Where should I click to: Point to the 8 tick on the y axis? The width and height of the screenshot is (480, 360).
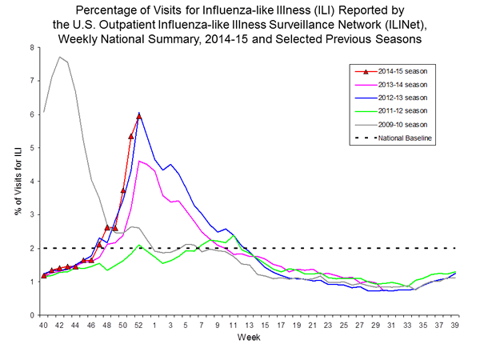click(31, 47)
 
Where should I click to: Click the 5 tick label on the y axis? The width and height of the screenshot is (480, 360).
click(31, 148)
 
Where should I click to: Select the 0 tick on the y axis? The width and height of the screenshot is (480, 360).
click(31, 315)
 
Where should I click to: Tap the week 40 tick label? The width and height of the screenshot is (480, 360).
click(44, 326)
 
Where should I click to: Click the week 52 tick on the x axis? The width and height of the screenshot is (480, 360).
click(138, 326)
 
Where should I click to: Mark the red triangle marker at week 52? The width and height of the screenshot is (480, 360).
click(138, 116)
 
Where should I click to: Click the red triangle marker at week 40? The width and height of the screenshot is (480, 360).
click(44, 276)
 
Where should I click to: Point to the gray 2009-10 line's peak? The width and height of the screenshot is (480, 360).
click(60, 57)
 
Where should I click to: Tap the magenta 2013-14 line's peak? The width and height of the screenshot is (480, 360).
click(139, 161)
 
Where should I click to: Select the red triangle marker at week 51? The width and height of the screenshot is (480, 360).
click(130, 136)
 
